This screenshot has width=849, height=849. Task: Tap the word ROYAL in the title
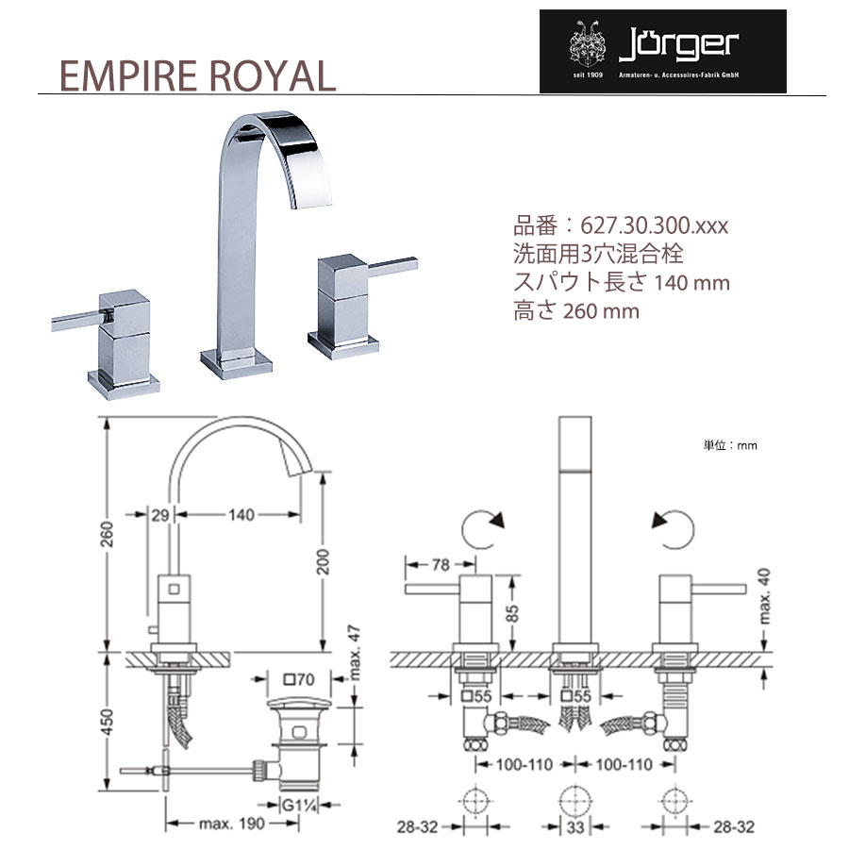[273, 75]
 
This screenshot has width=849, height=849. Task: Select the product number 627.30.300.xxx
[654, 225]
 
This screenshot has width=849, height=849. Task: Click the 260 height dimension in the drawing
[108, 534]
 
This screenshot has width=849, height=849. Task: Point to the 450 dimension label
[108, 723]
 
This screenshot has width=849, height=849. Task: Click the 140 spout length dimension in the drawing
[241, 514]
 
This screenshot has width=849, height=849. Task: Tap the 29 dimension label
[160, 514]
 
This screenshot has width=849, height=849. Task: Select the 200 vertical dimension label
[323, 561]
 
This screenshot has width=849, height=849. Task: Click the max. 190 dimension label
[232, 824]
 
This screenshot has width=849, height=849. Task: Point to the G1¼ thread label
[299, 806]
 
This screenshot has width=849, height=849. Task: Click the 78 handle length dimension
[441, 565]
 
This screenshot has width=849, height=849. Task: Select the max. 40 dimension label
[763, 595]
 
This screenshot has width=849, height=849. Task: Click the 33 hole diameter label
[575, 826]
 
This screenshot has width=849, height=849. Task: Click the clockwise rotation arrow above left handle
[482, 528]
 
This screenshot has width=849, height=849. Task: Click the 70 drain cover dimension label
[299, 678]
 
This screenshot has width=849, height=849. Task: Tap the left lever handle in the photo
[77, 322]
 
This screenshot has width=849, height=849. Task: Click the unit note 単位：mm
[730, 445]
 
